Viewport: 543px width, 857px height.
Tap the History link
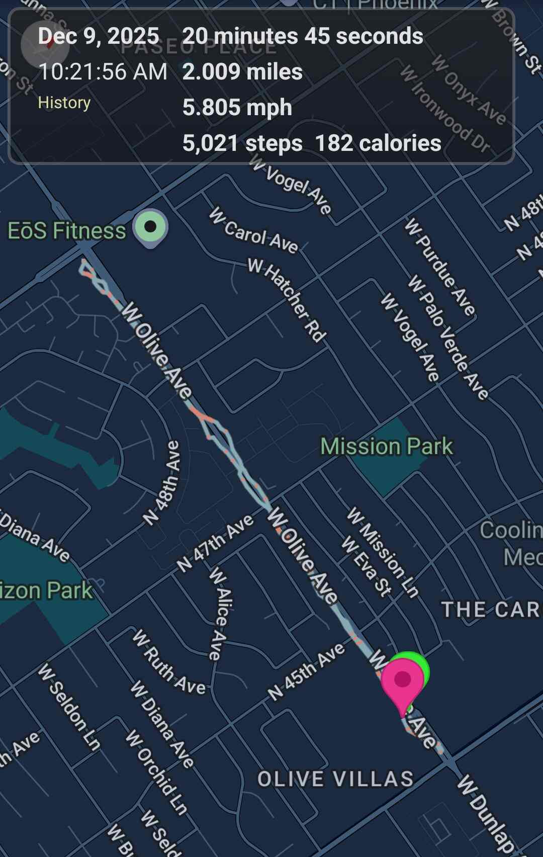click(64, 103)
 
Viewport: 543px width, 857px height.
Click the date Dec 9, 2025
click(99, 36)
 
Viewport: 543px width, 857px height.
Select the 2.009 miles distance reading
click(242, 72)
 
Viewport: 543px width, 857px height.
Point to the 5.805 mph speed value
click(237, 108)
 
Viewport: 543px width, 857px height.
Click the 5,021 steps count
click(242, 143)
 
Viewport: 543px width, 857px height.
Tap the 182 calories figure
click(378, 143)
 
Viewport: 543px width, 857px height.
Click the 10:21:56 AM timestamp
click(103, 72)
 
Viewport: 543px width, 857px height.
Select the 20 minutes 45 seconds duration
click(303, 36)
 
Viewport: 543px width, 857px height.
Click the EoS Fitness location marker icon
click(150, 227)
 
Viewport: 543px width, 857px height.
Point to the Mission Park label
click(387, 447)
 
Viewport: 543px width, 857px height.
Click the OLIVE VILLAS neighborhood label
click(335, 779)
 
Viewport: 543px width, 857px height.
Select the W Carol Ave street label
click(254, 230)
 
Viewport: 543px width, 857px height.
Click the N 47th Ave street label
click(215, 544)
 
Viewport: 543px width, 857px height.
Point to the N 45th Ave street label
click(306, 671)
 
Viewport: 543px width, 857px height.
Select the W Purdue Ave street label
click(440, 267)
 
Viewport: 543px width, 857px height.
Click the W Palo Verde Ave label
click(448, 337)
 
